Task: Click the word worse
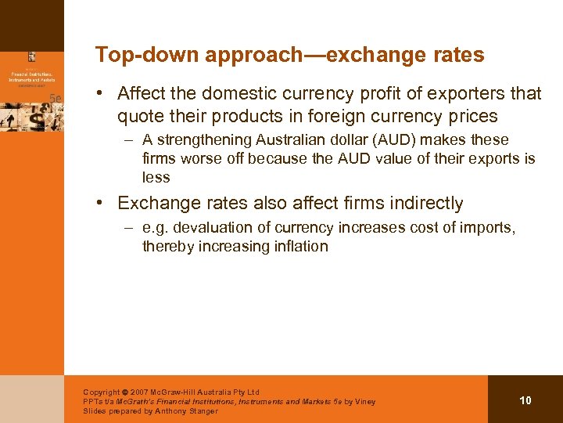[200, 159]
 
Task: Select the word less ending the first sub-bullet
[156, 178]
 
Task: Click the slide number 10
[525, 400]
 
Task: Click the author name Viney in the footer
[365, 402]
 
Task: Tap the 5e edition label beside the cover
[55, 97]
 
